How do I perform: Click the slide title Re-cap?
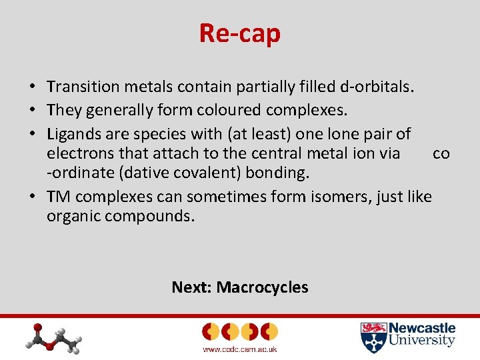tap(239, 33)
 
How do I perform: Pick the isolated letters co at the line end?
tap(441, 154)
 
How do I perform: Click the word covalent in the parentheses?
tap(227, 173)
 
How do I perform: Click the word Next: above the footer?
tap(191, 287)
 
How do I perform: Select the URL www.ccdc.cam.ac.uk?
tap(239, 349)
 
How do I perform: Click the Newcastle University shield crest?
tap(373, 337)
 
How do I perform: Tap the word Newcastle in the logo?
tap(422, 328)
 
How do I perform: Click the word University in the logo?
tap(422, 341)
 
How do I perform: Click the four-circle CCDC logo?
tap(239, 331)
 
